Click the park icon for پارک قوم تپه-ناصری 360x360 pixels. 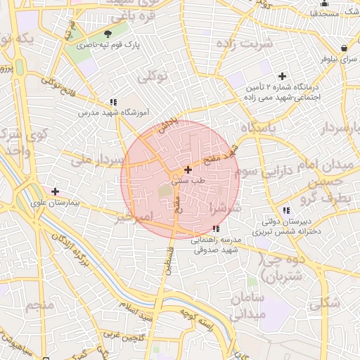click(108, 34)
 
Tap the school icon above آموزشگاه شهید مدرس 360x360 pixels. click(113, 101)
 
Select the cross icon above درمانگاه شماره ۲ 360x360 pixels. click(283, 76)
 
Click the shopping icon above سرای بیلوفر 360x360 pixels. click(342, 49)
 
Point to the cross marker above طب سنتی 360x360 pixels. click(187, 169)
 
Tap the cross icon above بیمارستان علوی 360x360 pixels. click(56, 191)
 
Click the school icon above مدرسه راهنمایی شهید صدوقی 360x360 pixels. click(216, 229)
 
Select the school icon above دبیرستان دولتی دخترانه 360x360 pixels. click(286, 210)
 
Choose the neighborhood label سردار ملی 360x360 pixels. click(92, 160)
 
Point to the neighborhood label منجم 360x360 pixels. click(39, 306)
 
